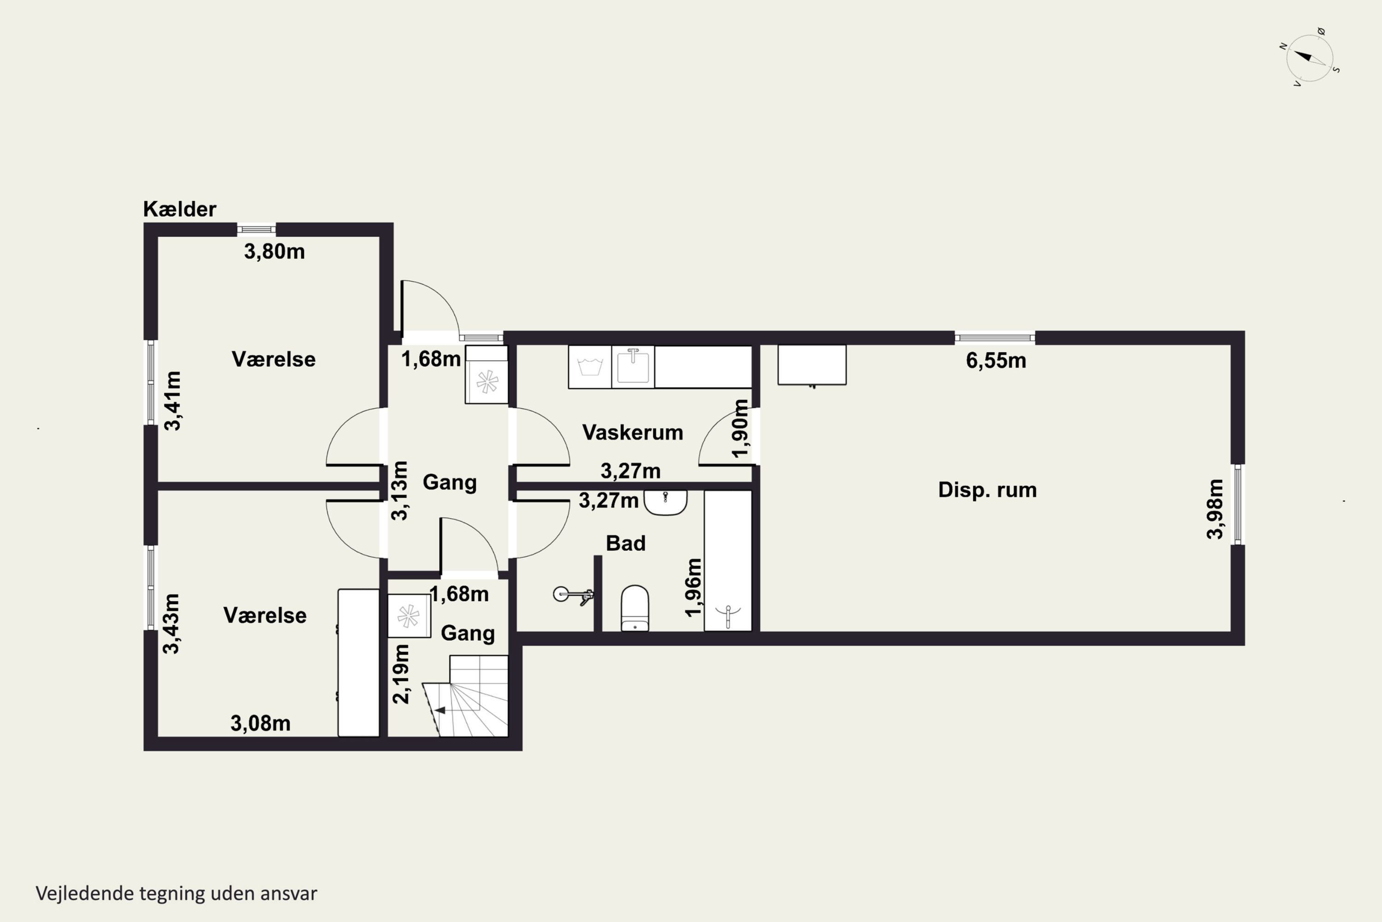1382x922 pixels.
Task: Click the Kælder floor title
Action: coord(180,209)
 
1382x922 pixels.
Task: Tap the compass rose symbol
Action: coord(1310,58)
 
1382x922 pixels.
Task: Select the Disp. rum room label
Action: coord(987,490)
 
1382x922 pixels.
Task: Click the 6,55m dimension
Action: coord(996,361)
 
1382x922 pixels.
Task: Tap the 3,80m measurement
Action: coord(275,252)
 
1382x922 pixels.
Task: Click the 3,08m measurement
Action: coord(260,723)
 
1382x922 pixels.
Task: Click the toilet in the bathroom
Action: coord(635,608)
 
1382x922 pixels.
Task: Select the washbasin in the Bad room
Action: coord(666,503)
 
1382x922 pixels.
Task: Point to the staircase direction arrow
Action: coord(439,710)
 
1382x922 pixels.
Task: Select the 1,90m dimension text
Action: coord(740,428)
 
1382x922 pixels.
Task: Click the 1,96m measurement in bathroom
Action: coord(693,587)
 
